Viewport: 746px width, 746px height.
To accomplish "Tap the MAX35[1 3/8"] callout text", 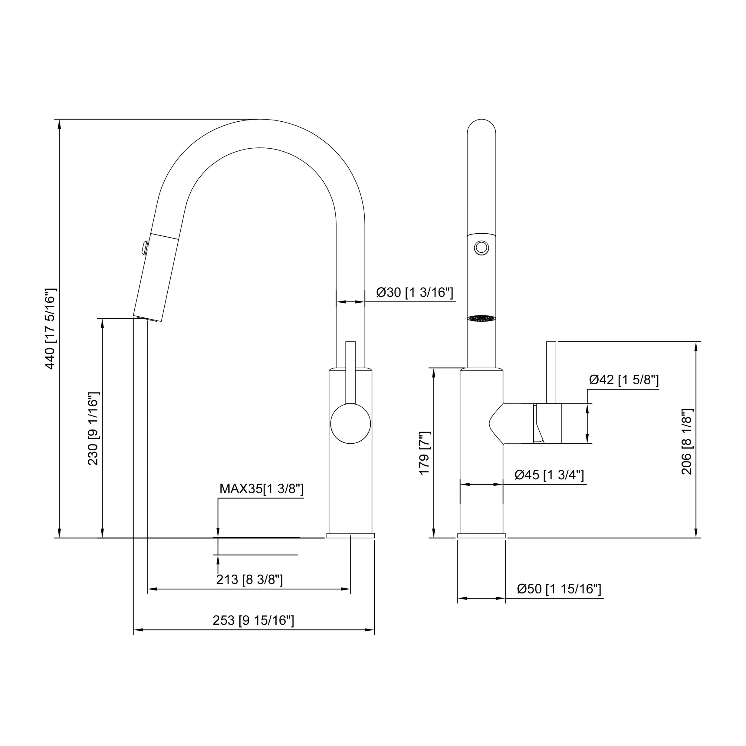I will tap(261, 489).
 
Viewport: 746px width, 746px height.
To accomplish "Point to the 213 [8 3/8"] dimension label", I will tap(249, 580).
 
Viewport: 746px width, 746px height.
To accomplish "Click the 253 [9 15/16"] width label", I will tap(253, 620).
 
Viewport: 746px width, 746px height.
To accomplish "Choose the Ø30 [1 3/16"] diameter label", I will tap(415, 292).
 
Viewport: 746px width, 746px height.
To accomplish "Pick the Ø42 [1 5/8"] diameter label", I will tap(624, 380).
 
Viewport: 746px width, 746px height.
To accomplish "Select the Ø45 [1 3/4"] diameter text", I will tap(549, 475).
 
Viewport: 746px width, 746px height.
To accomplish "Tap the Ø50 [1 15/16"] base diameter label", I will tap(559, 589).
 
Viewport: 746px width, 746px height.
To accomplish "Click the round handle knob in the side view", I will tap(350, 424).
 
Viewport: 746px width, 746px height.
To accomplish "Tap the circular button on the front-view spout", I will tap(481, 248).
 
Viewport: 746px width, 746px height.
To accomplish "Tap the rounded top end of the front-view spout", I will tap(481, 126).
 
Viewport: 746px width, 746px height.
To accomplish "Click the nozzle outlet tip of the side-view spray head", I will tap(147, 319).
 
